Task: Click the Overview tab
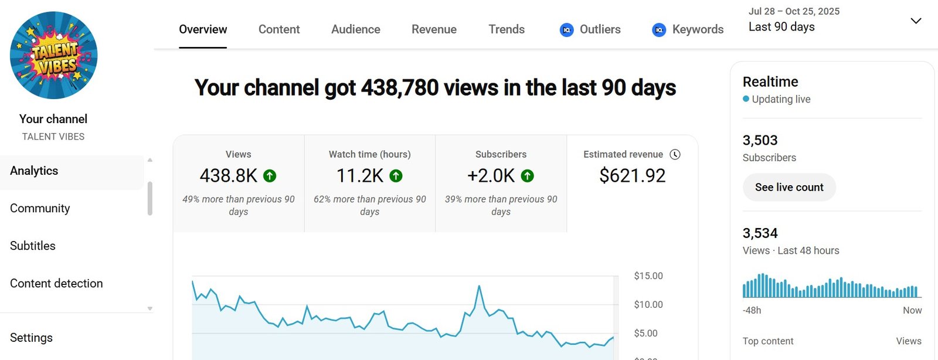203,29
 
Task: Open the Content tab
279,29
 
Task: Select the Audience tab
355,29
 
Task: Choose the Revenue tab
434,29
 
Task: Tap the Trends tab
507,29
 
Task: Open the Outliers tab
590,29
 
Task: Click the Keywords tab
688,29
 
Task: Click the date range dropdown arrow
916,21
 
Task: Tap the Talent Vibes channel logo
54,56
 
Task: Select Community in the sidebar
40,208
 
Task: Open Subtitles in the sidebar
33,246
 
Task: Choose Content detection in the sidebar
56,283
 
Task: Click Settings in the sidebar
31,338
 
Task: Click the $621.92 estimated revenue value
632,176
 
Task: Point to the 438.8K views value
229,176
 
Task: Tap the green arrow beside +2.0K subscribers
528,175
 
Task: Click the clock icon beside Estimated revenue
675,154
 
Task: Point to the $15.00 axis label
648,276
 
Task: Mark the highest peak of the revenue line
479,286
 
